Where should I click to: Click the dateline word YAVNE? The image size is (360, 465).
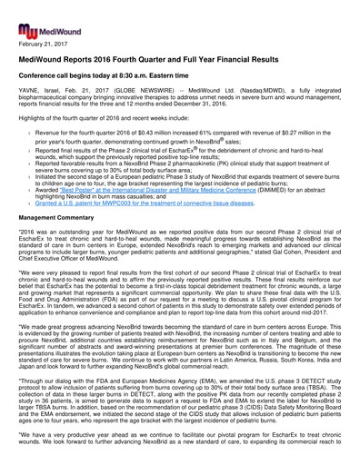pyautogui.click(x=33, y=91)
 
